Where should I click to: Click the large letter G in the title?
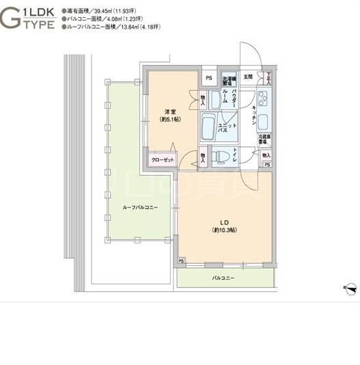12,18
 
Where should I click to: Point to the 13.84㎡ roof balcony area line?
113,27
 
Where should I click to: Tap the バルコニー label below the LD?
223,278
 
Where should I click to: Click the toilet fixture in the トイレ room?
219,158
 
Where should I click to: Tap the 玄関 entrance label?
249,77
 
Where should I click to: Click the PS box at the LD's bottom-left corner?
182,261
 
